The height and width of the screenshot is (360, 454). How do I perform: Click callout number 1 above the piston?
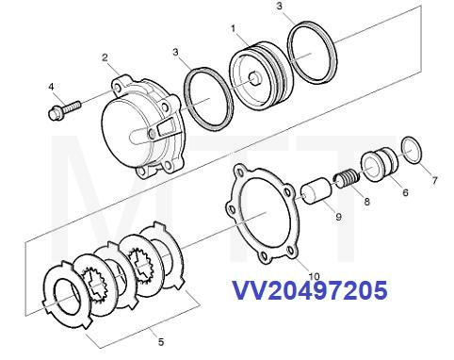pos(233,29)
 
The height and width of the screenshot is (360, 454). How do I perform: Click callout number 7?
pos(433,179)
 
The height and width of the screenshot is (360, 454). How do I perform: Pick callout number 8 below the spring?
pos(366,201)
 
